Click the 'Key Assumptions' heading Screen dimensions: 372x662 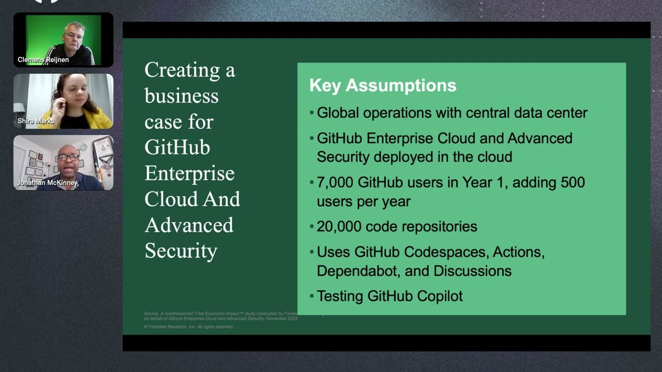(x=383, y=85)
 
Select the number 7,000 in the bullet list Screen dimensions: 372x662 (x=335, y=182)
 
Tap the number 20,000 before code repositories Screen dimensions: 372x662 (x=339, y=226)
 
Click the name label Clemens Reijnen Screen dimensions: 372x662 (x=43, y=60)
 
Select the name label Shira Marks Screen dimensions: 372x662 (x=36, y=121)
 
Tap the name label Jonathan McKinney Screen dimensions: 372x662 (x=48, y=183)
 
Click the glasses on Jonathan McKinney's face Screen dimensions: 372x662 (x=68, y=157)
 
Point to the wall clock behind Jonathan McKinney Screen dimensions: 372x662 (x=83, y=147)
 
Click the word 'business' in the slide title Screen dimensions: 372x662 (x=182, y=96)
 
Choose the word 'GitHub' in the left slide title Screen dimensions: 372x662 (x=177, y=148)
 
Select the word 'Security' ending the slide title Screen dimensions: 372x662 (x=180, y=251)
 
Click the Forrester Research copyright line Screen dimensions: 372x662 (x=189, y=327)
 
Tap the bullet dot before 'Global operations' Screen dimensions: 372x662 (x=311, y=113)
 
